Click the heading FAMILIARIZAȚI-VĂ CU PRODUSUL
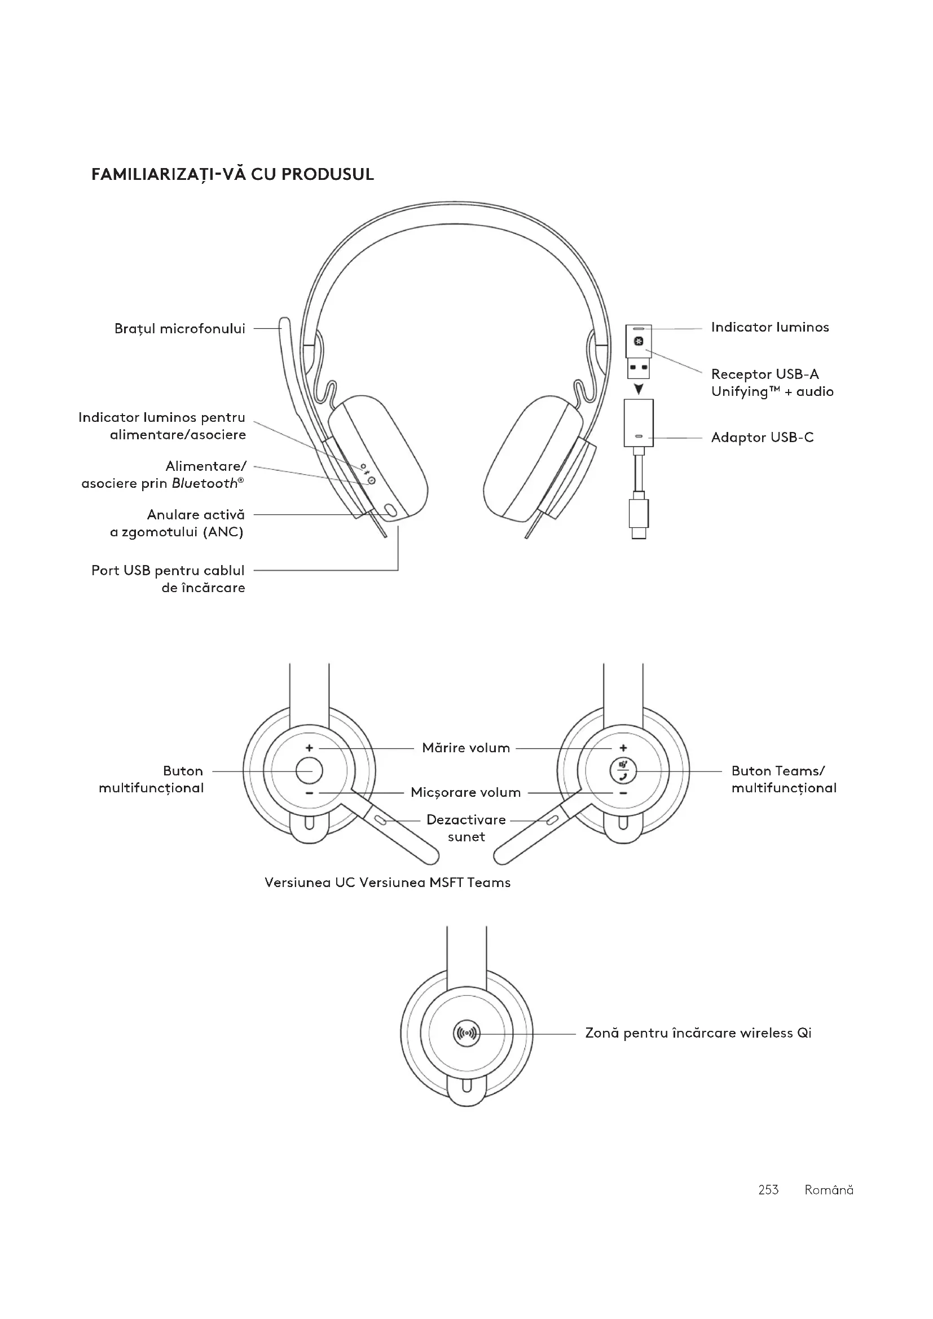coord(232,174)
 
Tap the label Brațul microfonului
coord(180,329)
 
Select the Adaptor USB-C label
coord(763,438)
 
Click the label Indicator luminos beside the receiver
coord(770,328)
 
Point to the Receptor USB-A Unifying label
coord(772,382)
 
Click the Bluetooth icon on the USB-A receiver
coord(639,342)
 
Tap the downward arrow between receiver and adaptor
coord(639,389)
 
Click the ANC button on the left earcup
coord(391,510)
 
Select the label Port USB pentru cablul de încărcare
coord(168,579)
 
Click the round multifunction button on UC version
coord(309,770)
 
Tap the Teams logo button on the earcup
coord(623,770)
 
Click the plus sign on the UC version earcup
coord(309,748)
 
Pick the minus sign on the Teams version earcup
coord(623,793)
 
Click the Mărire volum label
coord(466,748)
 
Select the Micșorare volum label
coord(466,793)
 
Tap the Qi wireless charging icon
coord(466,1034)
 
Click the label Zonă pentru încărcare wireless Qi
coord(698,1033)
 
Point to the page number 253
coord(768,1190)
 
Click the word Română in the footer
coord(829,1190)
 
